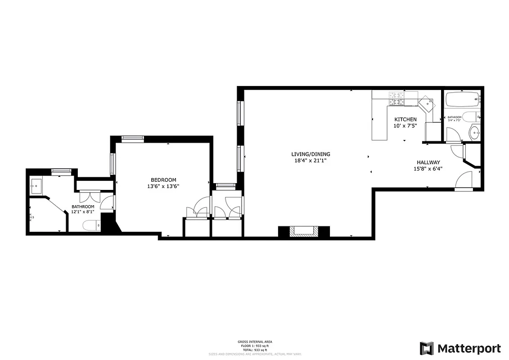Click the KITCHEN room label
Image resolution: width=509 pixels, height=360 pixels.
coord(405,119)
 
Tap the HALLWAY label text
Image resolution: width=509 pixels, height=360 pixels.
coord(428,162)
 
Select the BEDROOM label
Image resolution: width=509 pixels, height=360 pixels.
coord(163,180)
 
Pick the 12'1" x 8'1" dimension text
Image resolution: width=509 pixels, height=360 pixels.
coord(83,212)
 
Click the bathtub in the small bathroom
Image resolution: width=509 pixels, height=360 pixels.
coord(462,99)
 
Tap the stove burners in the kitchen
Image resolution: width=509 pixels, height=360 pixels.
coord(396,99)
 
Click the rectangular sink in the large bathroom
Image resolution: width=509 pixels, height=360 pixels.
coord(36,185)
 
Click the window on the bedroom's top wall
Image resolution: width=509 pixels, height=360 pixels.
coord(132,139)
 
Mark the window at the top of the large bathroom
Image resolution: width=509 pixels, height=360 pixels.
coord(61,171)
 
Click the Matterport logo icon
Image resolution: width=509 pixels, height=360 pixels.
coord(427,348)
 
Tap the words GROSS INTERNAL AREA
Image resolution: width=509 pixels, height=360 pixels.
coord(254,342)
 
